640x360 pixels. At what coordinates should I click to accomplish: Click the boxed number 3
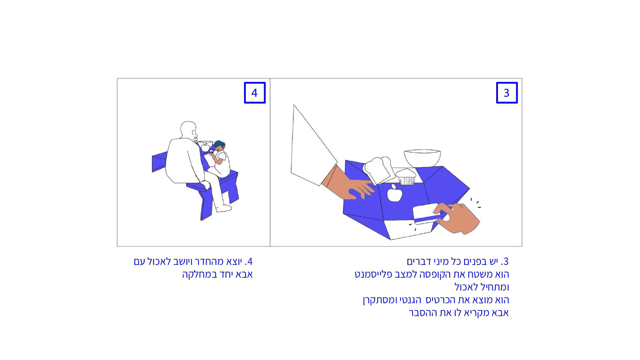click(507, 93)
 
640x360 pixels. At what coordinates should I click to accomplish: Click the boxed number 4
click(255, 93)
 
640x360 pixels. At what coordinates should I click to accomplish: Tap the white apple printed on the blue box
click(395, 193)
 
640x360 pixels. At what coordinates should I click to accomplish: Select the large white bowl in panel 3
click(422, 158)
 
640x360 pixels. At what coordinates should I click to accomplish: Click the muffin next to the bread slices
click(406, 177)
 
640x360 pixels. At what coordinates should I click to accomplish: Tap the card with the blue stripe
click(428, 214)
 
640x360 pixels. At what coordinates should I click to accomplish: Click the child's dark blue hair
click(219, 145)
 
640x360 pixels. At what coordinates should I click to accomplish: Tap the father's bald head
click(188, 130)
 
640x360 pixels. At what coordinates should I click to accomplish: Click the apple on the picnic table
click(205, 147)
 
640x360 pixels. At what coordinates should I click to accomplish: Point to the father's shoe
click(224, 209)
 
